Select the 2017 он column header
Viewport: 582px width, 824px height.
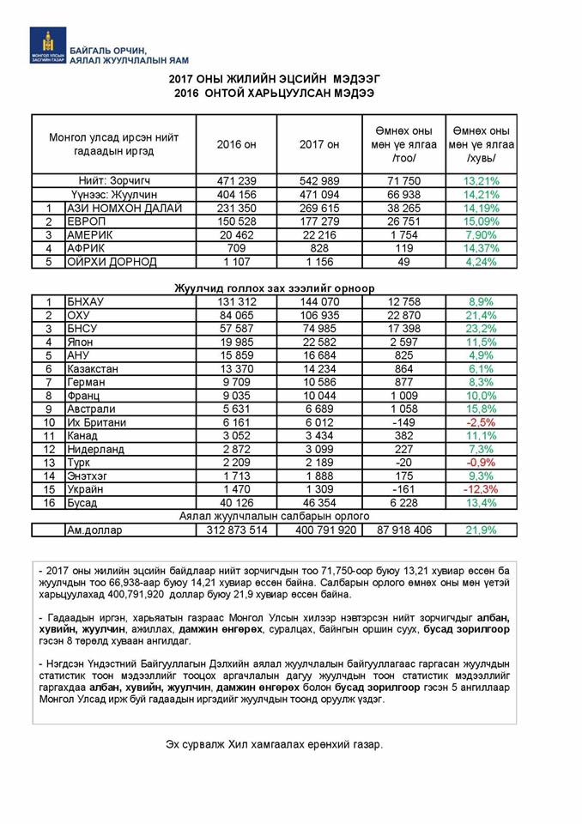(318, 144)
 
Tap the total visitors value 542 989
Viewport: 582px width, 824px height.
(318, 181)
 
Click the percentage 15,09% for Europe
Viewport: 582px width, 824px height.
(481, 221)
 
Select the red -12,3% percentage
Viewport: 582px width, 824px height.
(481, 489)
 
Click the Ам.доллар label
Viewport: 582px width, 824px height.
(94, 530)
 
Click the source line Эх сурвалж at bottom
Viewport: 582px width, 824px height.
(274, 744)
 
